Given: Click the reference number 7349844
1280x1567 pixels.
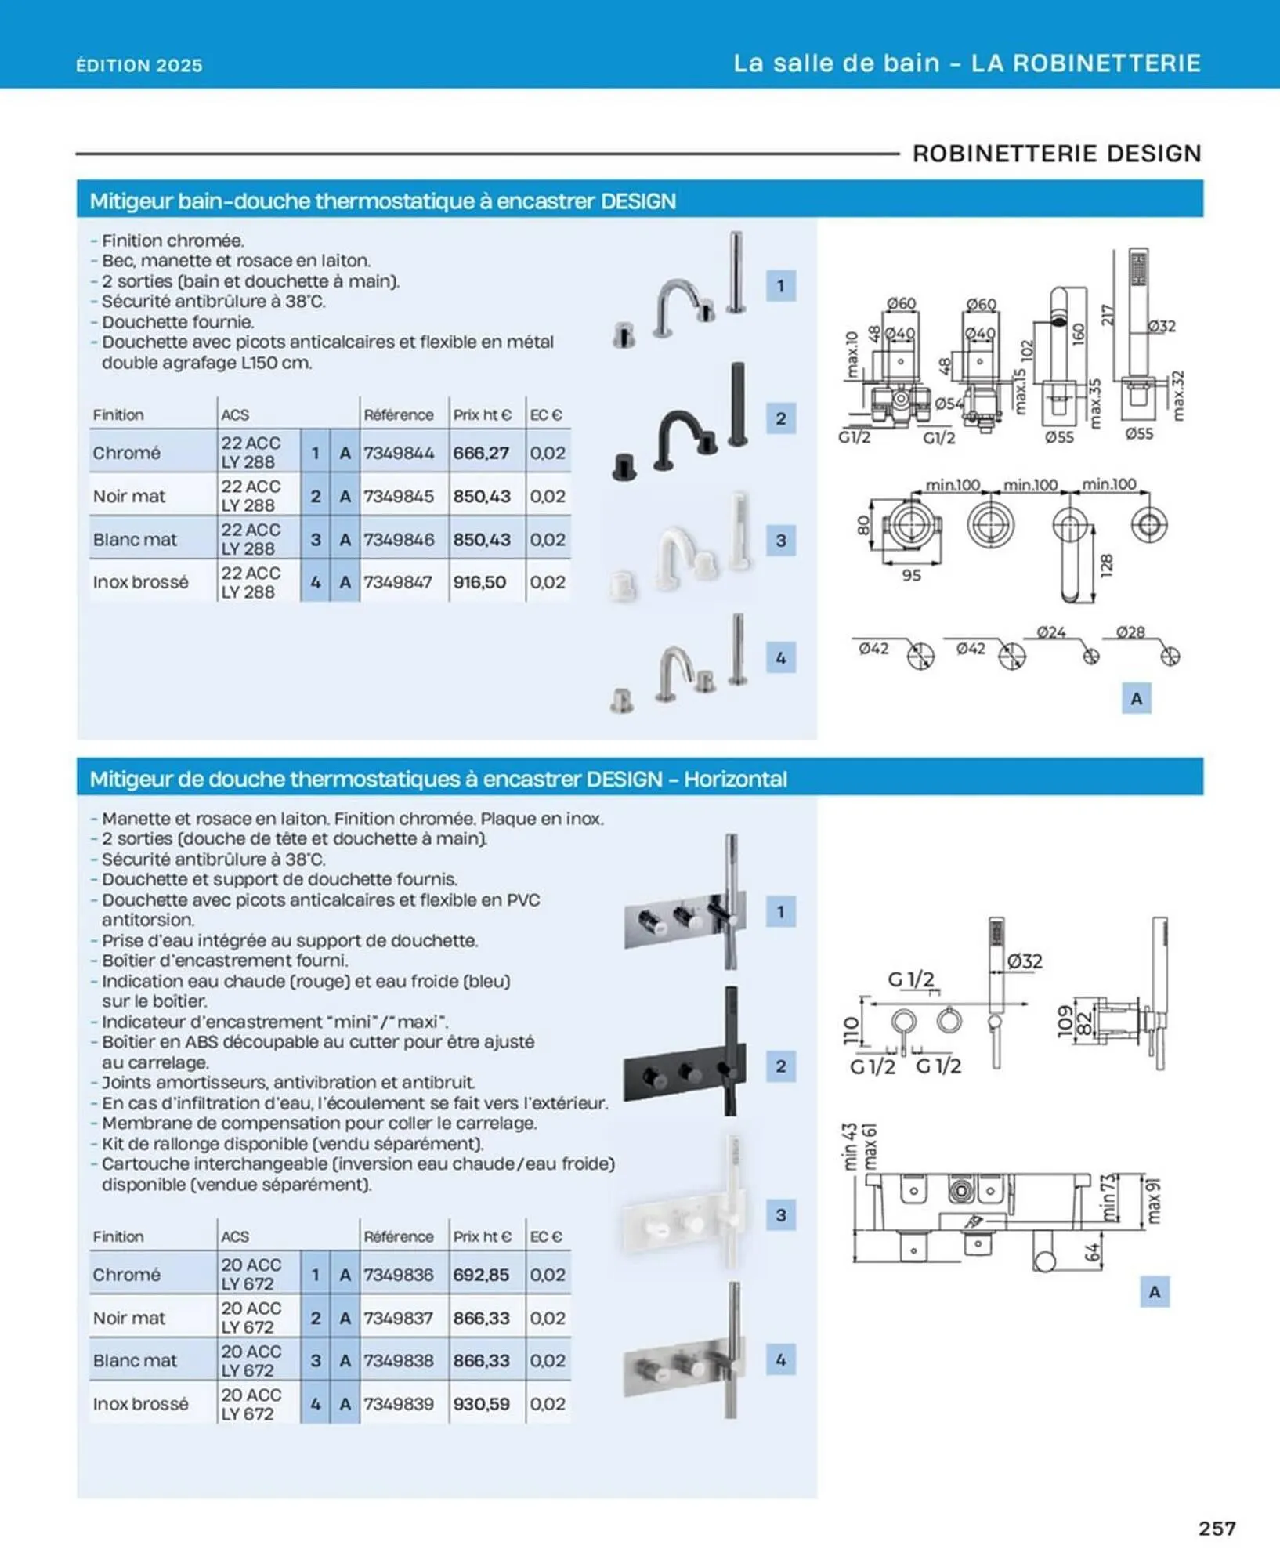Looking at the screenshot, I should pyautogui.click(x=398, y=453).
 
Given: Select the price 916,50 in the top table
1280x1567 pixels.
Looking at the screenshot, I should pyautogui.click(x=479, y=582).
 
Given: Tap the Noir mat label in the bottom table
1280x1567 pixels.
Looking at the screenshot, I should pyautogui.click(x=129, y=1318).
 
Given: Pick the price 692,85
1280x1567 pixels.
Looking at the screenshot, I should pyautogui.click(x=481, y=1275).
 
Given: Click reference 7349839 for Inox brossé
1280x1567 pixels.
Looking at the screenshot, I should pyautogui.click(x=398, y=1404).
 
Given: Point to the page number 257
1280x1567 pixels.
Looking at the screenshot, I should pyautogui.click(x=1217, y=1529).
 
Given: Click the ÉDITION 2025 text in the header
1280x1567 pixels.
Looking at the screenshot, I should pyautogui.click(x=139, y=65).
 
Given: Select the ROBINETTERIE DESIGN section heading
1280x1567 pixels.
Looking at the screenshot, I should pyautogui.click(x=1057, y=153).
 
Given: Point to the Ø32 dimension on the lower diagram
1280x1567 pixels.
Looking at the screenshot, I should pyautogui.click(x=1025, y=961).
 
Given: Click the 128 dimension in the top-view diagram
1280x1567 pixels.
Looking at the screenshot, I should pyautogui.click(x=1106, y=566).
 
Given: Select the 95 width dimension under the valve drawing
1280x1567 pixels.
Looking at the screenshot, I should pyautogui.click(x=911, y=576).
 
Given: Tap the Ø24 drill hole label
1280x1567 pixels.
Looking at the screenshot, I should pyautogui.click(x=1051, y=632).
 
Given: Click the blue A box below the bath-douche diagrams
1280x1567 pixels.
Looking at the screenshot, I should pyautogui.click(x=1136, y=698).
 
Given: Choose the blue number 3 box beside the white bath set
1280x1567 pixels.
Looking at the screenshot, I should pyautogui.click(x=780, y=540).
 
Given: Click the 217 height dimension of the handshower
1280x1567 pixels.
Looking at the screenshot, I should pyautogui.click(x=1107, y=315).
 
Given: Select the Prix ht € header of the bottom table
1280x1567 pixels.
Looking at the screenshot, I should pyautogui.click(x=482, y=1236).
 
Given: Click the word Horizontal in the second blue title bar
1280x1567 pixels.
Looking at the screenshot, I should pyautogui.click(x=735, y=779).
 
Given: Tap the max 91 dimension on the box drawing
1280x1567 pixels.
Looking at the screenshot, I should pyautogui.click(x=1153, y=1200).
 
